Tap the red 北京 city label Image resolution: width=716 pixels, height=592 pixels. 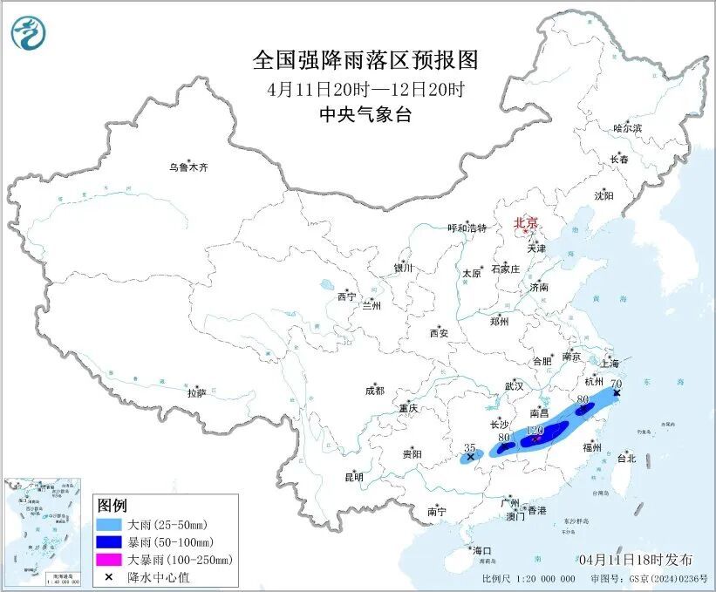coord(526,223)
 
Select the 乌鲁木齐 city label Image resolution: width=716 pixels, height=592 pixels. coord(189,167)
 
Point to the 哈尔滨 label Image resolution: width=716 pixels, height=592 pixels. coord(626,128)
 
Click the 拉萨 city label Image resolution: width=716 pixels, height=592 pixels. coord(196,393)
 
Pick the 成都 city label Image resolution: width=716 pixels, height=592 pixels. coord(375,391)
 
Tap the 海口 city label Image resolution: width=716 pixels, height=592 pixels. coord(482,551)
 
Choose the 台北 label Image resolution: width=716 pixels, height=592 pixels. coord(626,458)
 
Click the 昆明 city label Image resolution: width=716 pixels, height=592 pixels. coord(353,477)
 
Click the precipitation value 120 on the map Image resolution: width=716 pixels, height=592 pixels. coord(535,431)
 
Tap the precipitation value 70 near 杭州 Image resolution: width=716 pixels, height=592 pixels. coord(616,384)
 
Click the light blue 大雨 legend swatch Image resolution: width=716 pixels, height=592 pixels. coord(109,526)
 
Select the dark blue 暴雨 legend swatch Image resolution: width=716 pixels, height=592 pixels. coord(109,542)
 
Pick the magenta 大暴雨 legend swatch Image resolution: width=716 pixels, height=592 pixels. coord(109,559)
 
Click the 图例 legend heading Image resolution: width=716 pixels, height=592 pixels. coord(112,506)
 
